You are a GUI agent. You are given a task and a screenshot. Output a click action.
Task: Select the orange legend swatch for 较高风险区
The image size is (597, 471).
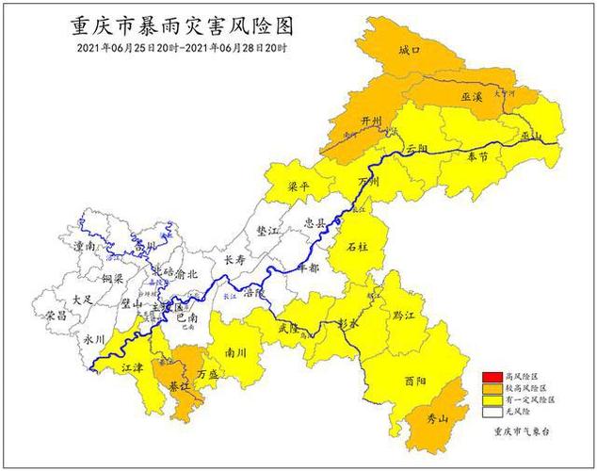pos(490,388)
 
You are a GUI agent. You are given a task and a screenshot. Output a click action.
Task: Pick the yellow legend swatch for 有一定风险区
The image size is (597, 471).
pos(490,399)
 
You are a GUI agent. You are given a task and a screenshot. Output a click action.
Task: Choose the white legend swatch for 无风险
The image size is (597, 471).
pos(490,412)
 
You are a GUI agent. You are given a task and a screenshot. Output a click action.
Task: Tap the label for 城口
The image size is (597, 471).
pos(409,50)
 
